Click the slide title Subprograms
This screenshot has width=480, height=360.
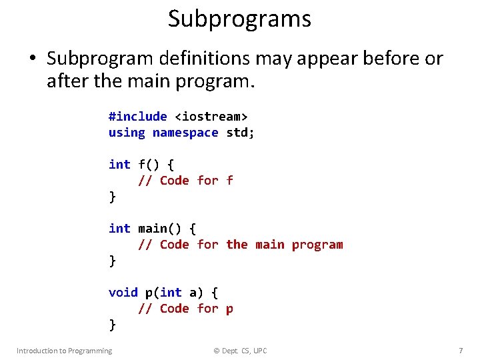(x=239, y=19)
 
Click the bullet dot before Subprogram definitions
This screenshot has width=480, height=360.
(x=32, y=59)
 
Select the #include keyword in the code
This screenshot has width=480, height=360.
(x=138, y=116)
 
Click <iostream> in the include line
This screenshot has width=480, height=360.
(x=211, y=116)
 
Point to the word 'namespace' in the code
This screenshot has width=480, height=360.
(x=185, y=132)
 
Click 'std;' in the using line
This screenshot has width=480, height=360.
(x=241, y=132)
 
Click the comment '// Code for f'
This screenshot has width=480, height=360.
(x=185, y=180)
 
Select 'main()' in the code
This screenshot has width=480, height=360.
(x=160, y=228)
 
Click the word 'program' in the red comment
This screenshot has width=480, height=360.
(x=317, y=244)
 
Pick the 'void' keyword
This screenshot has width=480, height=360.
(x=123, y=292)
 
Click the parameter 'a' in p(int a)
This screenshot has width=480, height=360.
(x=193, y=292)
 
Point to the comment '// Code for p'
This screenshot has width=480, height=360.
(x=185, y=308)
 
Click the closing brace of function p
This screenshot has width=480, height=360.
(x=112, y=325)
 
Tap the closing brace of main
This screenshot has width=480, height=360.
(x=112, y=261)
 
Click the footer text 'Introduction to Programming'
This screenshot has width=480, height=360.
(x=65, y=351)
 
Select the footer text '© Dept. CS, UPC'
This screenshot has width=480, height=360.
(x=239, y=351)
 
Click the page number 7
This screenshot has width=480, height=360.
(x=461, y=351)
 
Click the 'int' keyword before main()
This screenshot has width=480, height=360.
(x=119, y=228)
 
